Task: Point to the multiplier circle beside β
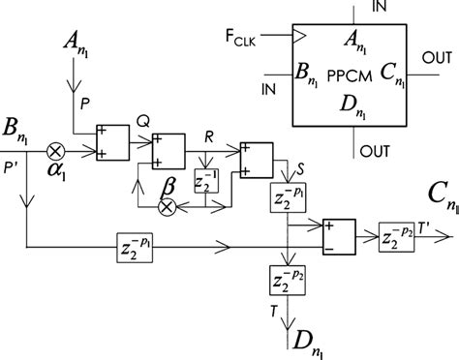(x=167, y=206)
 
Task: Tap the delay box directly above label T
(x=286, y=281)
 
